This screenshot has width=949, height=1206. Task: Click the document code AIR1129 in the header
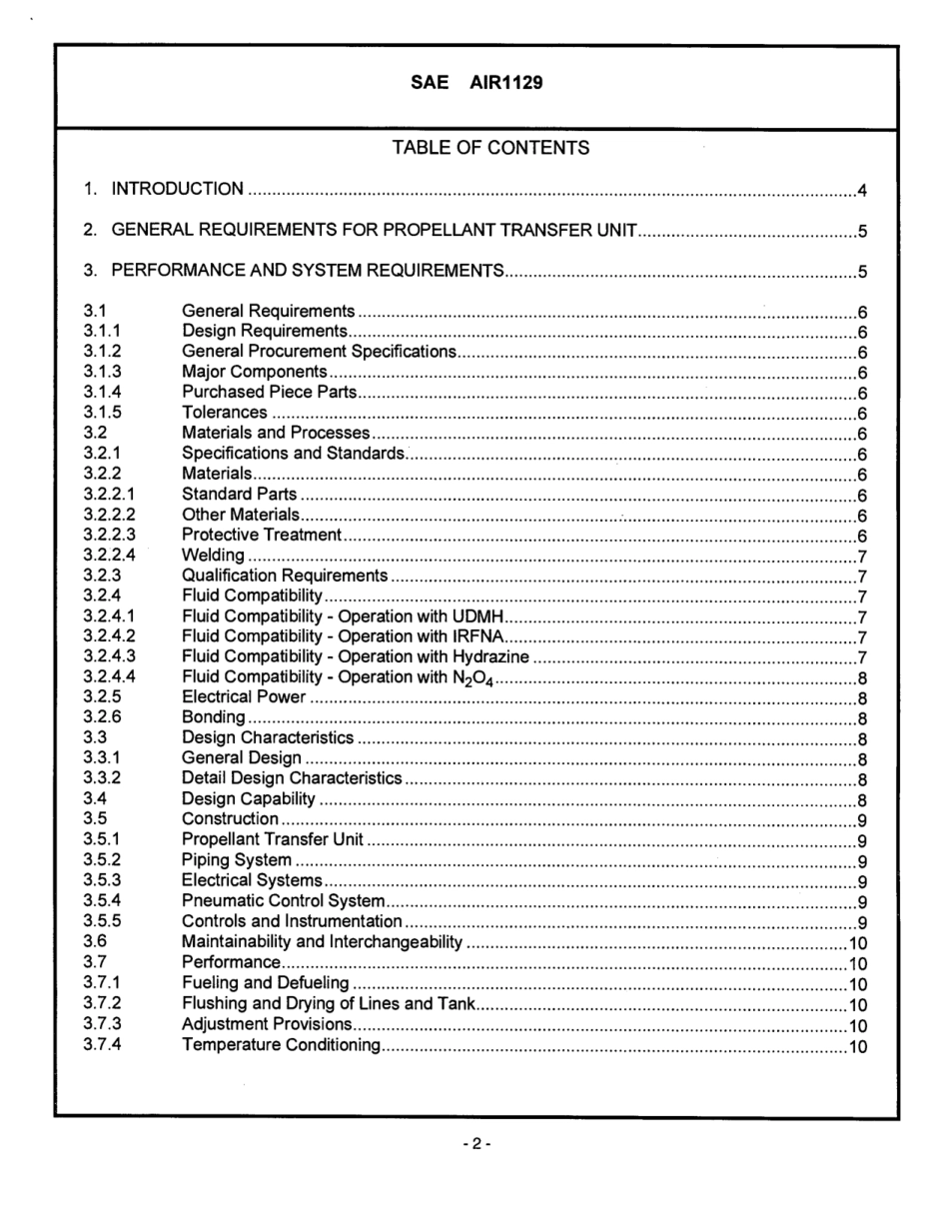[x=505, y=83]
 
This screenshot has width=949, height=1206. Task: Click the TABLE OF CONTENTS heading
[x=490, y=148]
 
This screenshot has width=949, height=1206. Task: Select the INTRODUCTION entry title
[x=177, y=189]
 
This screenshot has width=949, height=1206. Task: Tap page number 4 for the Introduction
[x=861, y=190]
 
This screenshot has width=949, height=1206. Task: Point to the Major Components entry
[x=254, y=372]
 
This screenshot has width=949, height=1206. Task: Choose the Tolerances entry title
[x=225, y=413]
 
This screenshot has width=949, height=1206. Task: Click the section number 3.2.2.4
[x=109, y=556]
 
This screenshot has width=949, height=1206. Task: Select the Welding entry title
[x=213, y=556]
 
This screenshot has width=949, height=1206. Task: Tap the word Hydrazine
[x=490, y=657]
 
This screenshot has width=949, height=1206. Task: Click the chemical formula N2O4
[x=474, y=679]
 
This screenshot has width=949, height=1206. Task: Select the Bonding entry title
[x=213, y=718]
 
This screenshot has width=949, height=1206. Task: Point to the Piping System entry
[x=237, y=860]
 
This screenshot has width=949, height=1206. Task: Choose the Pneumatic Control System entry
[x=283, y=901]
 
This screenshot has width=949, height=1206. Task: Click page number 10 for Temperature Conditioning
[x=857, y=1046]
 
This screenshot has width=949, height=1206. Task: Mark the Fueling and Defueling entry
[x=266, y=984]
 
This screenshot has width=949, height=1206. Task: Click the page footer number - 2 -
[x=476, y=1143]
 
